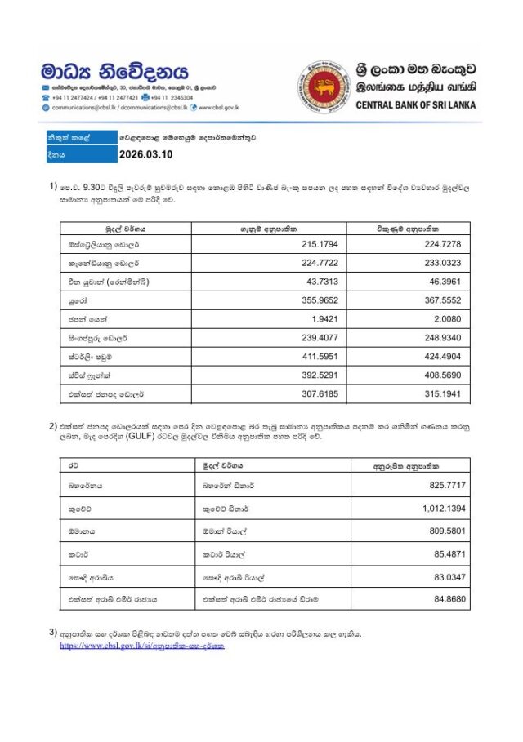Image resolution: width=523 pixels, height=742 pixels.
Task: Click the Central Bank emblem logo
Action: pos(324,87)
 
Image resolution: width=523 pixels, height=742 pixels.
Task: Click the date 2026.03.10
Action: pos(146,153)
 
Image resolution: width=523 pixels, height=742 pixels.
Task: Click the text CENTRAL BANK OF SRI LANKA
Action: pos(415,104)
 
